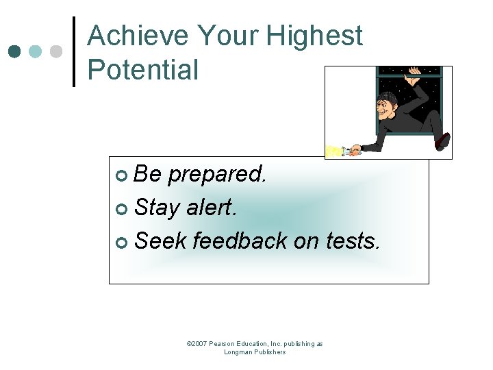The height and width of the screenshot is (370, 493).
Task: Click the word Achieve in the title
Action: point(137,36)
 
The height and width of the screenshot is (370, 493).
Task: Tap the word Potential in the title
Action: point(143,70)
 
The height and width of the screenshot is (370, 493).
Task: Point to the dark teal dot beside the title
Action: point(14,51)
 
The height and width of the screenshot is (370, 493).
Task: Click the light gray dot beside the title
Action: point(57,51)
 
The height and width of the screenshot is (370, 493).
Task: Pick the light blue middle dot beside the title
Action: point(36,51)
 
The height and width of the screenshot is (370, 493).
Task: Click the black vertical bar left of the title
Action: point(74,51)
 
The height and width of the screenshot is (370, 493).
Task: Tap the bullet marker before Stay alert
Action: point(121,209)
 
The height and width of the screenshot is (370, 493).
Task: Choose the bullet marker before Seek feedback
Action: point(121,242)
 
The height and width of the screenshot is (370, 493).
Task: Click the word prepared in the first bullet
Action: point(217,175)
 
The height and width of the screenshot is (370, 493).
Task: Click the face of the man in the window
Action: point(385,106)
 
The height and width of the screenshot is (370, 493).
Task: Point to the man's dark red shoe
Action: point(442,141)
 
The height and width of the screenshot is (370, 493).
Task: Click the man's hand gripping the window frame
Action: point(414,72)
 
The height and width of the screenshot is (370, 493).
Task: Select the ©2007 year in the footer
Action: point(197,344)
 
